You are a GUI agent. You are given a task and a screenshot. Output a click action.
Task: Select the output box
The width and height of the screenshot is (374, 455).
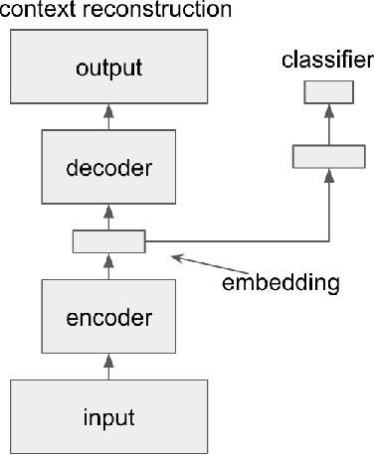pos(109,70)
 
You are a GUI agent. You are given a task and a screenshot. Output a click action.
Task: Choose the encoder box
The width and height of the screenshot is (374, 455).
pos(109,318)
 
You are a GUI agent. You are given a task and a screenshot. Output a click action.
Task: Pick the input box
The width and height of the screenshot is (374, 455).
pos(109,414)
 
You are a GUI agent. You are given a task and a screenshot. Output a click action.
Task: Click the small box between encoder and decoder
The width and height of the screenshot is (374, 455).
pos(109,241)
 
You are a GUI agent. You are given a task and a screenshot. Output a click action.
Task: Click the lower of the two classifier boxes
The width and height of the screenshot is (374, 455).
pos(328,155)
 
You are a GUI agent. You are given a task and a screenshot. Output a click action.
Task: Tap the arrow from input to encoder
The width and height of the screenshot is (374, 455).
pos(109,366)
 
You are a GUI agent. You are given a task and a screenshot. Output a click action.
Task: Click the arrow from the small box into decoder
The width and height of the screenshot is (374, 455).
pos(109,217)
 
